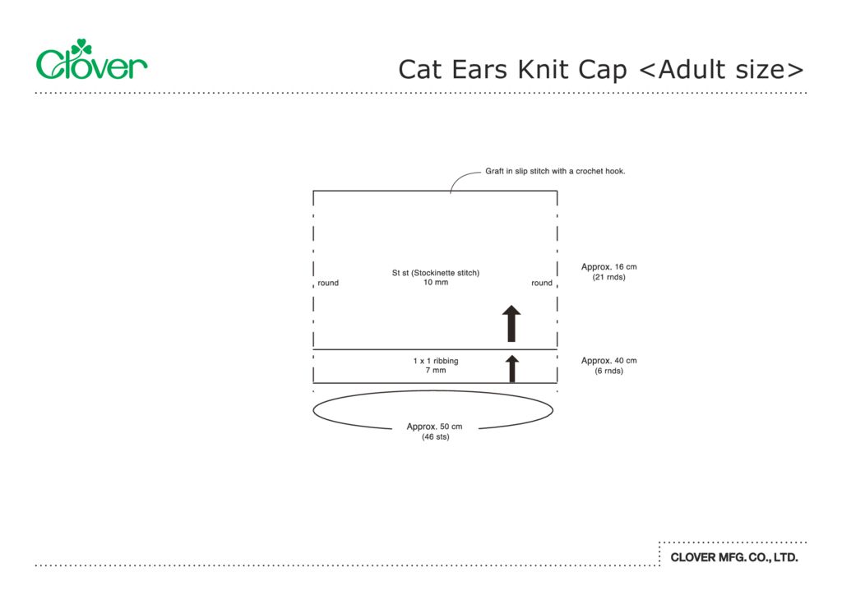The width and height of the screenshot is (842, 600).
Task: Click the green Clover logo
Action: [91, 61]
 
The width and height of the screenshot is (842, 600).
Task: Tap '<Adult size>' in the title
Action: [721, 69]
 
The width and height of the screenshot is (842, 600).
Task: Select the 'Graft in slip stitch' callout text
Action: [555, 171]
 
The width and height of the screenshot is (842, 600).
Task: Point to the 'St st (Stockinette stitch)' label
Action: [435, 273]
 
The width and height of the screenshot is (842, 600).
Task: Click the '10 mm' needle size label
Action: [436, 283]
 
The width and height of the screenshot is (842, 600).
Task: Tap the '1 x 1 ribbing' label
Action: [436, 361]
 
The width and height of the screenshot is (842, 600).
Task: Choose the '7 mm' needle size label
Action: [436, 371]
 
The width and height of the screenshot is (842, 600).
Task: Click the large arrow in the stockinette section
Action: [511, 323]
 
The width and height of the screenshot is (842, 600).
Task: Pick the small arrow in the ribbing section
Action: [511, 368]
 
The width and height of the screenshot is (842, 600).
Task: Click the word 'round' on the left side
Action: [328, 283]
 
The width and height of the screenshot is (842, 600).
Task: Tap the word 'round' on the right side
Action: [542, 283]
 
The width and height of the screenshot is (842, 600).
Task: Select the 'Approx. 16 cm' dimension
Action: [608, 267]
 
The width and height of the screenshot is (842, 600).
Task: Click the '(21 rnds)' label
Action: [608, 277]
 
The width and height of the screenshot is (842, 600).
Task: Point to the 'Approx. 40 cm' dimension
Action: [608, 361]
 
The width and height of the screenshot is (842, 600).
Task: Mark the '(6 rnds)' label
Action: [608, 371]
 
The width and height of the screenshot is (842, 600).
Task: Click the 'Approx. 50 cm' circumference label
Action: [435, 427]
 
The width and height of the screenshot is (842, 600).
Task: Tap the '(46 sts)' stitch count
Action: [435, 437]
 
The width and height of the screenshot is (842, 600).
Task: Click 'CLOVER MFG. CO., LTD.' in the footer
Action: [734, 557]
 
